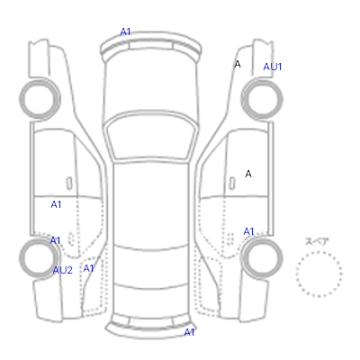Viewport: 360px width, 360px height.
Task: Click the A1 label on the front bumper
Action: point(125,31)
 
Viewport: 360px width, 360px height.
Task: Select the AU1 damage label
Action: point(273,67)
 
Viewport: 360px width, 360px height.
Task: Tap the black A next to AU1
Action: point(238,64)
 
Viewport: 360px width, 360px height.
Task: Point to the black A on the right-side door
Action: point(248,174)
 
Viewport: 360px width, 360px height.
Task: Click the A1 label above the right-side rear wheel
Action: point(248,231)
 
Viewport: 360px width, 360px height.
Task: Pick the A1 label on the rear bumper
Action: point(189,332)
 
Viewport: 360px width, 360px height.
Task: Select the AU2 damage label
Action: point(63,270)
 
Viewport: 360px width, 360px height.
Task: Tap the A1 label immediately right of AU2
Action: point(88,268)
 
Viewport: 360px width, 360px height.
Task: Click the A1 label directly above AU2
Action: point(55,240)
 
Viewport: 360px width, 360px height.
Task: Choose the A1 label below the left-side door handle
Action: point(56,204)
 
